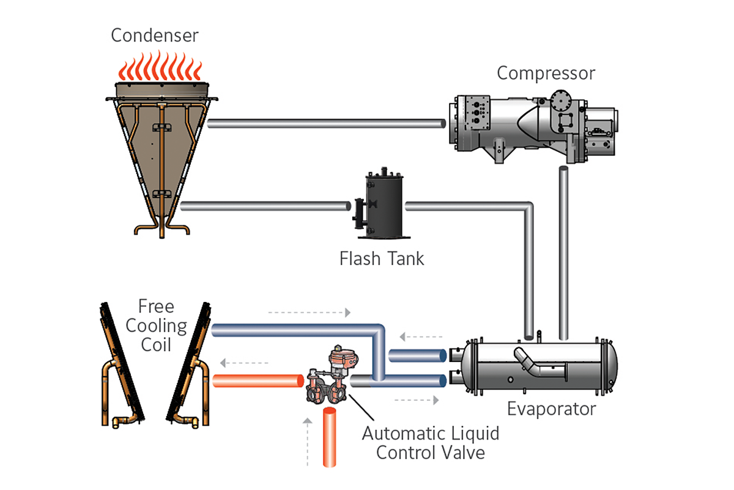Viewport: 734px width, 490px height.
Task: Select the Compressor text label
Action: point(546,73)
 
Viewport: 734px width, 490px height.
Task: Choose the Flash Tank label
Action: point(382,258)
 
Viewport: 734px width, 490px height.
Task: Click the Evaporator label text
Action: point(551,409)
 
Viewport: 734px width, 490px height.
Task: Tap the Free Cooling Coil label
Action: point(155,325)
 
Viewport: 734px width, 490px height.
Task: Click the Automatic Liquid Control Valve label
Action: point(431,443)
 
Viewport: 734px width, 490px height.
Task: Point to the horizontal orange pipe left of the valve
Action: point(257,381)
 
